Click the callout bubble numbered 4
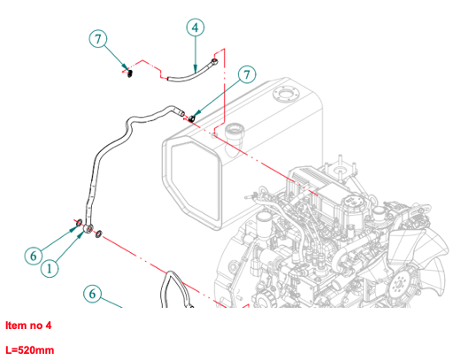(x=196, y=27)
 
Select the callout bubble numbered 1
(x=50, y=268)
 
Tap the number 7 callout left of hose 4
(x=98, y=39)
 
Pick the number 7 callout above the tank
(x=247, y=74)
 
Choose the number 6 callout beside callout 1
(x=34, y=256)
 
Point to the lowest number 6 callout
(x=93, y=294)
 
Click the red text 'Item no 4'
(x=28, y=326)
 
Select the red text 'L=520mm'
(x=30, y=350)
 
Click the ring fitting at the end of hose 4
(x=214, y=62)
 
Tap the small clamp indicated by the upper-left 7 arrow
(x=129, y=73)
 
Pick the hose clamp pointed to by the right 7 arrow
(x=192, y=119)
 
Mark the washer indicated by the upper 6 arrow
(x=79, y=224)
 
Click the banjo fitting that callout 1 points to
(x=88, y=228)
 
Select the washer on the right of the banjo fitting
(x=98, y=234)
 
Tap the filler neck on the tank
(x=234, y=136)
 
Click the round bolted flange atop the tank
(x=286, y=95)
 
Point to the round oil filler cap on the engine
(x=353, y=202)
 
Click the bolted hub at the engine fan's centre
(x=399, y=285)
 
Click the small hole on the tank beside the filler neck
(x=214, y=135)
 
